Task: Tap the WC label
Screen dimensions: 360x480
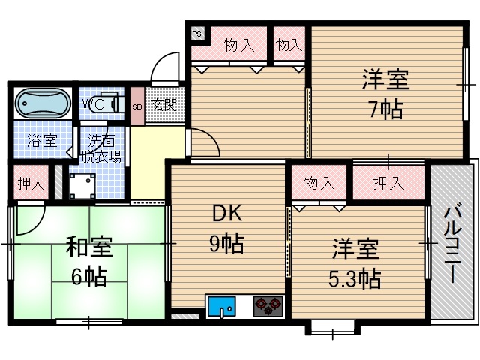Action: pos(95,103)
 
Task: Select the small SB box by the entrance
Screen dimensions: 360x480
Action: pos(136,106)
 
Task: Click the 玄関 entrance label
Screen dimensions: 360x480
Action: pos(164,105)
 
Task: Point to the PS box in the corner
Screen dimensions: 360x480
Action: pos(197,34)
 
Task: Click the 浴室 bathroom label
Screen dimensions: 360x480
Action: pos(41,140)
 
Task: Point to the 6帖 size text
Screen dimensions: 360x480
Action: pos(88,277)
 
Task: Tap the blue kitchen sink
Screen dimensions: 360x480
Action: pos(221,306)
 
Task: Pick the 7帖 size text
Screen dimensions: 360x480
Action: pos(385,109)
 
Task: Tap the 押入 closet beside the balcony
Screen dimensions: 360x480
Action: pos(388,182)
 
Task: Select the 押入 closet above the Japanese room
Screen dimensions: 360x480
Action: pos(31,182)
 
